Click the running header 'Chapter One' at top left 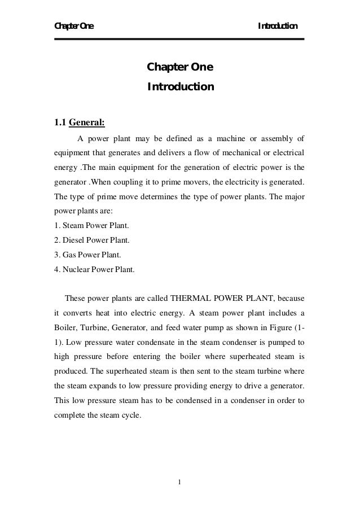74,26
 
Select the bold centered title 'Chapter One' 180,68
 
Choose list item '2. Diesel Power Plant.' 91,241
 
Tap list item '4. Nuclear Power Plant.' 94,270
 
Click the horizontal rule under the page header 179,39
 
